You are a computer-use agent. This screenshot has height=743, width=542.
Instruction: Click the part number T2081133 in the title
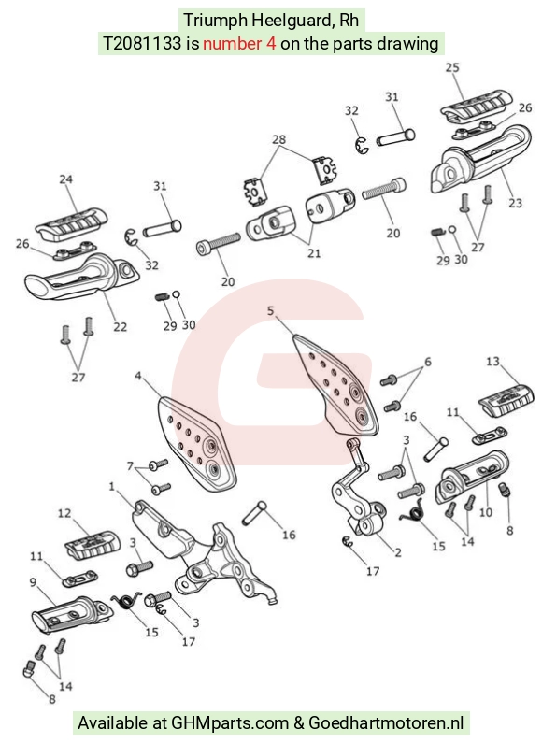[142, 44]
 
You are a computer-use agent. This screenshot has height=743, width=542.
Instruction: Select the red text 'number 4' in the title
[239, 44]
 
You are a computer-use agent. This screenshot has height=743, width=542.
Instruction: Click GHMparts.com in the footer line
[230, 723]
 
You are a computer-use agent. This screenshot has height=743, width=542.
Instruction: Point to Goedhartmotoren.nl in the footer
[386, 723]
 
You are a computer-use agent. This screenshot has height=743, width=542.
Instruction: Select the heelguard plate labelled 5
[335, 384]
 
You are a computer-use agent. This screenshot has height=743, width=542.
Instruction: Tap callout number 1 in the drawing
[112, 487]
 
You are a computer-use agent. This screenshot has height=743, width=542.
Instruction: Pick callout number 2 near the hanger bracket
[398, 552]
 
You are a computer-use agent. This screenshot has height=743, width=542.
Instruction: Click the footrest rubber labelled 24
[72, 222]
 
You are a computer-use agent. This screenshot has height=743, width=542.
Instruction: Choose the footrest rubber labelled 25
[477, 106]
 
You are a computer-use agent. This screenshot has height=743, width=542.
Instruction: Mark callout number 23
[516, 203]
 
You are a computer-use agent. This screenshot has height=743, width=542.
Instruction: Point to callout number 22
[120, 327]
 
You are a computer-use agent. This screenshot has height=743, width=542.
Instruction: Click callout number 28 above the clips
[279, 139]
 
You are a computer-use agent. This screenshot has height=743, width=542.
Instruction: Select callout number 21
[314, 253]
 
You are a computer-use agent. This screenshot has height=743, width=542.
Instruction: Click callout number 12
[64, 513]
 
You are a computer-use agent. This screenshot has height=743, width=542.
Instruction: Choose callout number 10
[486, 512]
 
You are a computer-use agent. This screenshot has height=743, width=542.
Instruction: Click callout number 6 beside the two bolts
[428, 362]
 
